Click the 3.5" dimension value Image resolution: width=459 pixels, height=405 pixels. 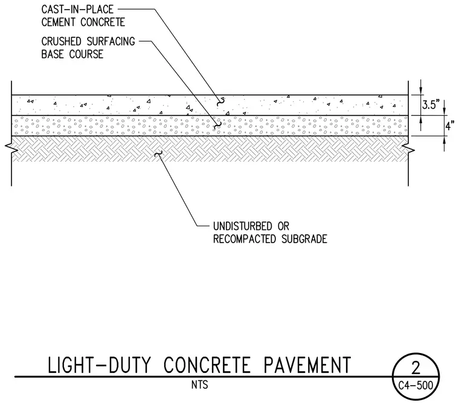coord(431,104)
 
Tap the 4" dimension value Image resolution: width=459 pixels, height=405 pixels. coord(450,126)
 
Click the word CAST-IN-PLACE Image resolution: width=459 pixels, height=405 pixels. coord(77,10)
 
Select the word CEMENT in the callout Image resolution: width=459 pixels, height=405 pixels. coord(59,22)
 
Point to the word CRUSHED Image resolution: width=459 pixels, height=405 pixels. coord(61,42)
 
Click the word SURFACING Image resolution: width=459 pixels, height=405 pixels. coord(111,42)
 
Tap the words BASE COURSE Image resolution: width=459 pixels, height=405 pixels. coord(72,54)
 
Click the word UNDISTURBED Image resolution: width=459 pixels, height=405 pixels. coord(239,226)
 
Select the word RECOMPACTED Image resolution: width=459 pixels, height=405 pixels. coord(245,239)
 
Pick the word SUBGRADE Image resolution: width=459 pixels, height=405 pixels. coord(304,239)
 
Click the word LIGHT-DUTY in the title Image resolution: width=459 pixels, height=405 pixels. coord(99,365)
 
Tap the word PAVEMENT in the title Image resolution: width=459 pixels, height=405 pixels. coord(307,365)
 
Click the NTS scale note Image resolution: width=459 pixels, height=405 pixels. coord(200,384)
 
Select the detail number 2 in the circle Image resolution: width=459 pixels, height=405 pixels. coord(416,368)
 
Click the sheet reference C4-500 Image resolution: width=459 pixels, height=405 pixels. coord(416,386)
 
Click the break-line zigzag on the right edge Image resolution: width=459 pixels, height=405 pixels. coord(408,148)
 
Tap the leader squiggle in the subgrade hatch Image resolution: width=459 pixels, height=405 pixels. coord(158,153)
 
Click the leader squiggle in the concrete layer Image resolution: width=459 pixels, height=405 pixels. coord(220,102)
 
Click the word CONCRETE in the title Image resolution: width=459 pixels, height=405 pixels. coord(207,365)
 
